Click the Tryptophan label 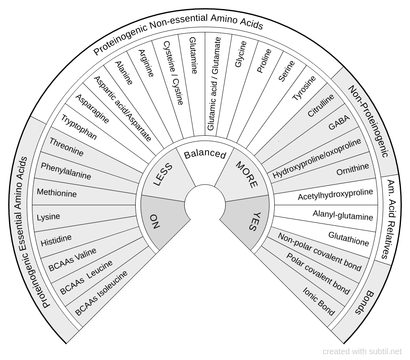point(79,128)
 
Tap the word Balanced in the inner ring point(205,155)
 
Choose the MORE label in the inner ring point(247,175)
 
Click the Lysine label point(48,216)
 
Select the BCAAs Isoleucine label point(101,292)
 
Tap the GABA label point(339,123)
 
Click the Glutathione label point(348,238)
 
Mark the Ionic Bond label point(319,301)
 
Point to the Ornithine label point(353,169)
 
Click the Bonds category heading point(365,302)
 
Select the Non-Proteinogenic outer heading point(368,121)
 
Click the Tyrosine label point(304,88)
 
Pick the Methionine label point(57,192)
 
